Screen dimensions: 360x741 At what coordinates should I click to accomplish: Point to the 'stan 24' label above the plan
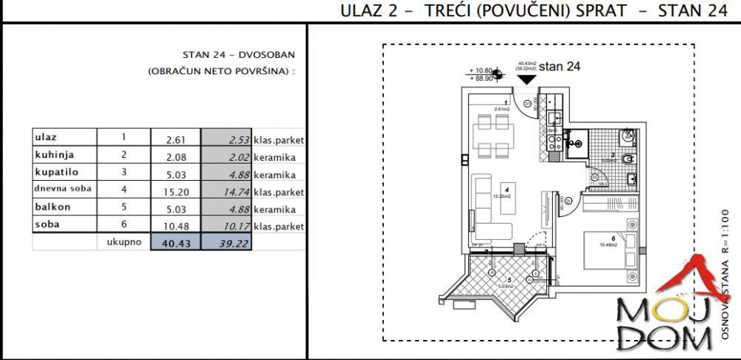[559, 66]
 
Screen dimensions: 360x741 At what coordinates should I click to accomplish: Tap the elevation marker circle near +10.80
[498, 73]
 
